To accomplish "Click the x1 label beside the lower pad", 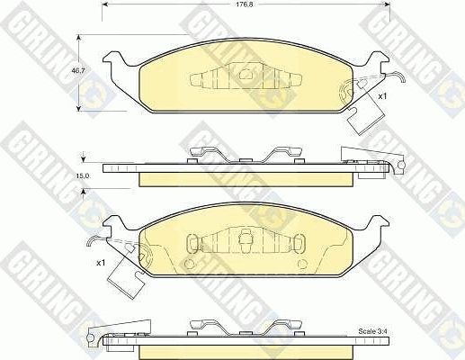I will pos(100,262).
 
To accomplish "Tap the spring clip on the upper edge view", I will pos(243,154).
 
